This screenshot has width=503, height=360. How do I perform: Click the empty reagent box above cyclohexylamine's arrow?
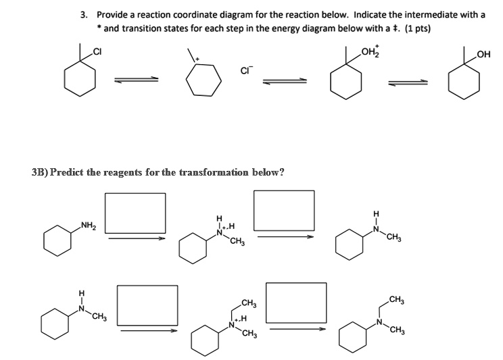[135, 211]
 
